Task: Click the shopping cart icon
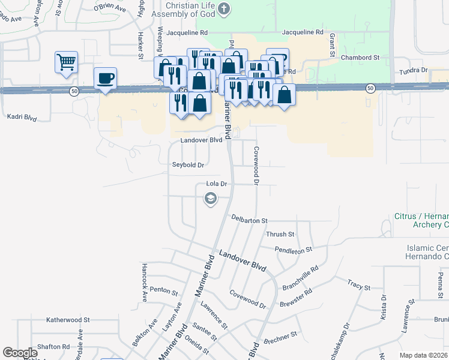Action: coord(67,61)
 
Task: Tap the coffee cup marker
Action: coord(106,78)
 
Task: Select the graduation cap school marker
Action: coord(210,197)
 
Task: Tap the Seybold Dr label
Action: coord(188,165)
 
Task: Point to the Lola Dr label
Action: coord(216,184)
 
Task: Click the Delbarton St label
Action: coord(249,221)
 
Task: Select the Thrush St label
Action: coord(280,234)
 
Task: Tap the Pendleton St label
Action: coord(294,249)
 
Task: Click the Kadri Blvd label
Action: coord(21,116)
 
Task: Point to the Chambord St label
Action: coord(360,58)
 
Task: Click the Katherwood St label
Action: coord(68,320)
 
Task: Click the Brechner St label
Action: coord(280,334)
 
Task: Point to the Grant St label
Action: coord(332,46)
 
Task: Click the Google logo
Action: coord(20,353)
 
